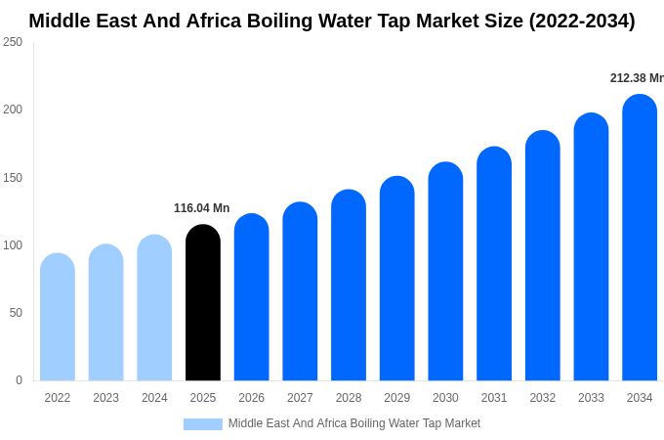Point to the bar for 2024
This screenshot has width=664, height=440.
point(154,308)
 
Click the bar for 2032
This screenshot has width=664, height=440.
point(543,256)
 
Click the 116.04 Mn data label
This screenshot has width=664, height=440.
point(201,208)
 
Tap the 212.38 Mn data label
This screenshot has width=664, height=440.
point(637,78)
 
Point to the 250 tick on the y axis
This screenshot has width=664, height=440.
point(13,42)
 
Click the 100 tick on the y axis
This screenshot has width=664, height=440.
point(13,245)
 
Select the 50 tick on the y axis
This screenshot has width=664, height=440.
point(16,313)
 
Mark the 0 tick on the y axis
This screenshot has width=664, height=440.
point(19,380)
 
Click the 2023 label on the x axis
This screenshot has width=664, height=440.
point(105,398)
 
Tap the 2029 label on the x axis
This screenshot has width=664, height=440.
point(396,398)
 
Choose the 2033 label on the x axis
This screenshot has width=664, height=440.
point(591,398)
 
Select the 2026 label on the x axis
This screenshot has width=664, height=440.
point(251,398)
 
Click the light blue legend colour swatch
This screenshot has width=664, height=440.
point(203,424)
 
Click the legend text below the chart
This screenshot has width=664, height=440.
point(354,423)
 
